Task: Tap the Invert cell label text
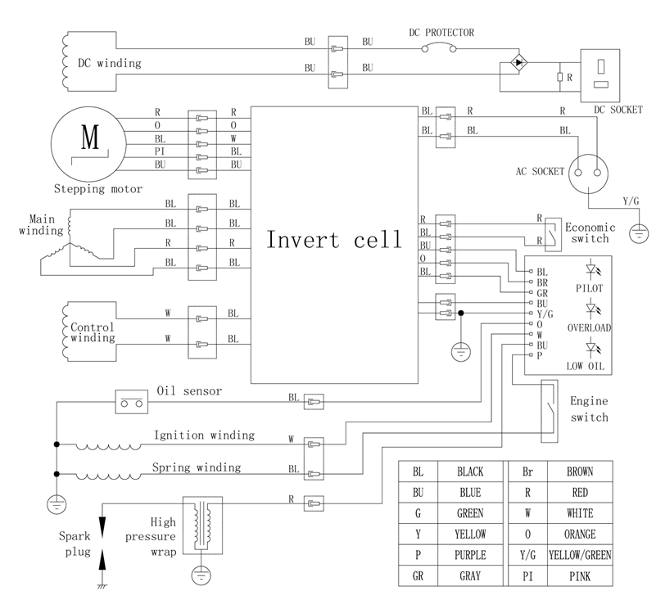334,241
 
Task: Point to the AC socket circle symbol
590,172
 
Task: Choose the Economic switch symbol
551,231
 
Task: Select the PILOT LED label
590,288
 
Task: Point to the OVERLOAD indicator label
590,327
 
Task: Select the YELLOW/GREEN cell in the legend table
580,555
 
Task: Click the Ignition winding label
203,435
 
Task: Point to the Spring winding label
197,468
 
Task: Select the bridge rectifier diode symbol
517,63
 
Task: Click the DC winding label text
109,63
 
